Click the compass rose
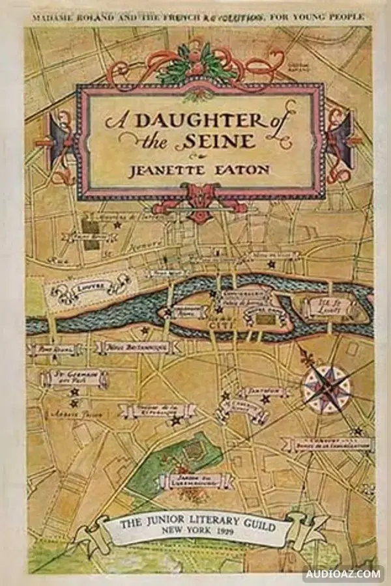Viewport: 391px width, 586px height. pos(326,388)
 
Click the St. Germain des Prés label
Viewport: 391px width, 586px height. pos(73,378)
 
